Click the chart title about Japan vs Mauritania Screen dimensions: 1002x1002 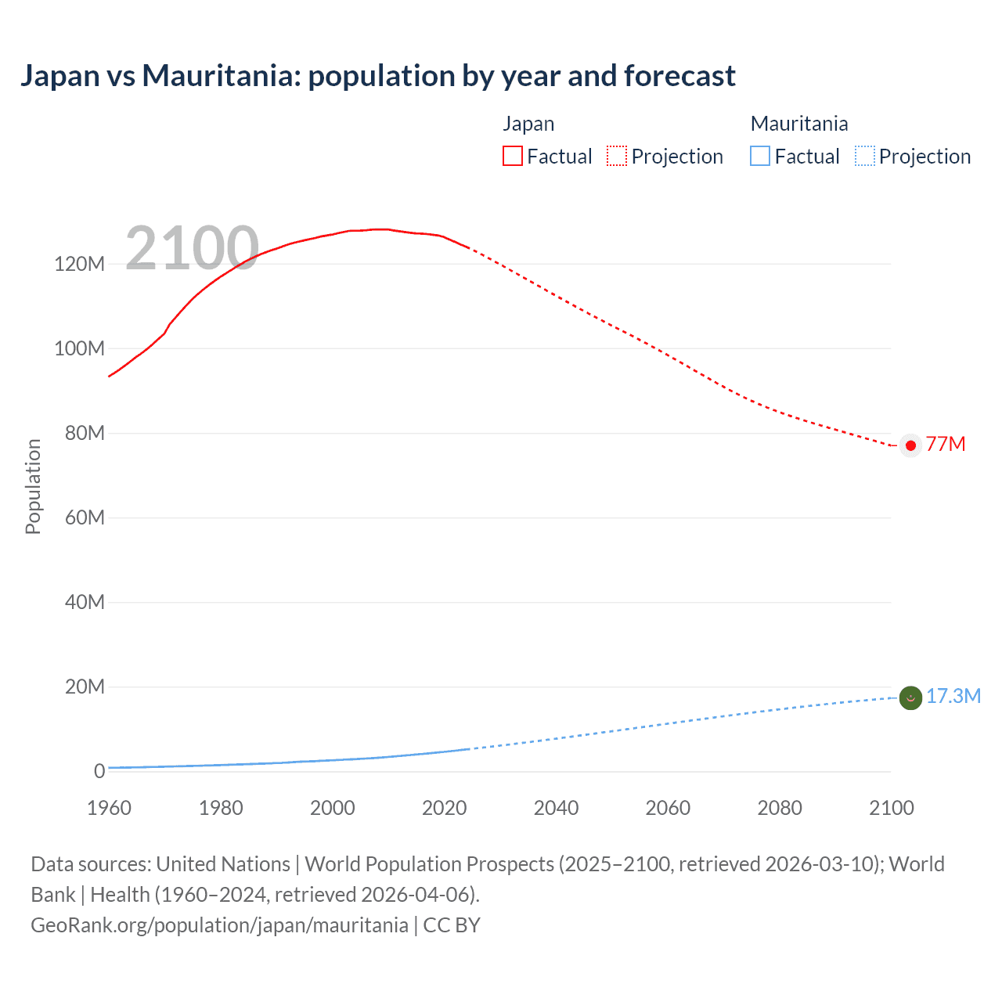[x=377, y=76]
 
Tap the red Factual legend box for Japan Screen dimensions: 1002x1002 [x=512, y=157]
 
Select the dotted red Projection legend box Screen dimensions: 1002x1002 [x=617, y=157]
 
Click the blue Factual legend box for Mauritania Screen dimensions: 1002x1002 [x=759, y=157]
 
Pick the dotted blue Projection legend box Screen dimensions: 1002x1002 [x=865, y=157]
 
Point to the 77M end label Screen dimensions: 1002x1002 [x=946, y=445]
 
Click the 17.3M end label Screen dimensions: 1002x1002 [x=953, y=697]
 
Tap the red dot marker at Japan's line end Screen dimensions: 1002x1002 [x=910, y=445]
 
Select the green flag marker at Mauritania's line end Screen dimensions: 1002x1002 [x=910, y=697]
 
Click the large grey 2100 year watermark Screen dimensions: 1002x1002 [x=192, y=248]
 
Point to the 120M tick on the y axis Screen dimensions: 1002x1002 [x=79, y=264]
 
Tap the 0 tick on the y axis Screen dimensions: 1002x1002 [x=99, y=771]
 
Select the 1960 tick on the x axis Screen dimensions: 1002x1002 [x=109, y=808]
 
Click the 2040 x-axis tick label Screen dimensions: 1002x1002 [x=556, y=808]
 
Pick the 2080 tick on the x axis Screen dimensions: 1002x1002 [x=780, y=808]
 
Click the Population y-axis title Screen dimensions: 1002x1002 [x=33, y=486]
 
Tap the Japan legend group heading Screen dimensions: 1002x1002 [x=528, y=124]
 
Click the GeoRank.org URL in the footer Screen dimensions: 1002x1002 [x=219, y=925]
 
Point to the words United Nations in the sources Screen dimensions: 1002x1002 [x=223, y=864]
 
